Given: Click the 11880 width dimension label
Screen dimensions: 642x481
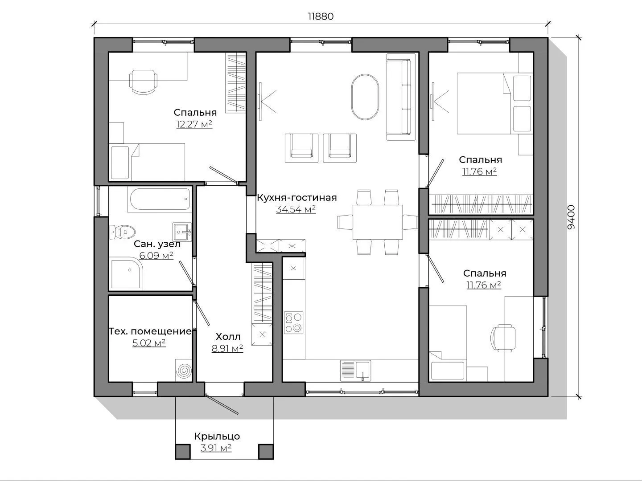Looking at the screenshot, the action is click(321, 16).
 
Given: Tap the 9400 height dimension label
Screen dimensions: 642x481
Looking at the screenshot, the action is click(571, 217).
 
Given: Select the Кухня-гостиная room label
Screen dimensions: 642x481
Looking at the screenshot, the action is click(297, 198).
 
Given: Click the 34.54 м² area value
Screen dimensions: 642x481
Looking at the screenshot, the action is click(296, 209).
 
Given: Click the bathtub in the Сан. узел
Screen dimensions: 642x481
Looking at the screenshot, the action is click(159, 199).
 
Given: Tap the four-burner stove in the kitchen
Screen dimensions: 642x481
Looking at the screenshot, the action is click(293, 323).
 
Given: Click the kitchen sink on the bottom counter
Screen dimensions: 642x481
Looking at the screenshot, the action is click(355, 371).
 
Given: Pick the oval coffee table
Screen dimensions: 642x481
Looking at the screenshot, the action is click(365, 97).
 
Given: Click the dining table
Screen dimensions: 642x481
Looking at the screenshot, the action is click(378, 222).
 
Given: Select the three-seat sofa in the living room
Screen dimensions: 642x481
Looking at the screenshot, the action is click(401, 97).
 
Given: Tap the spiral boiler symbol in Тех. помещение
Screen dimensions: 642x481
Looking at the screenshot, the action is click(184, 371).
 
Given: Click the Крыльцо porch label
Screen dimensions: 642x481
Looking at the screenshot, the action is click(217, 436).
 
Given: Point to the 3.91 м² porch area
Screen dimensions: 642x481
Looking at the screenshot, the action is click(216, 448).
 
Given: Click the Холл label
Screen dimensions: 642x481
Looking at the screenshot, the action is click(228, 337).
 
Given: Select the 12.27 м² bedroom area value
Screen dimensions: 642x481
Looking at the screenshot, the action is click(194, 124).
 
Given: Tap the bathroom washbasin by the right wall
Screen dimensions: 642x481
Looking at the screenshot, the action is click(181, 232).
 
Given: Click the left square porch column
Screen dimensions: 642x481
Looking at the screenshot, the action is click(182, 452).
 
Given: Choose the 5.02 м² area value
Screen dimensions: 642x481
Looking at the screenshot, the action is click(149, 342).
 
